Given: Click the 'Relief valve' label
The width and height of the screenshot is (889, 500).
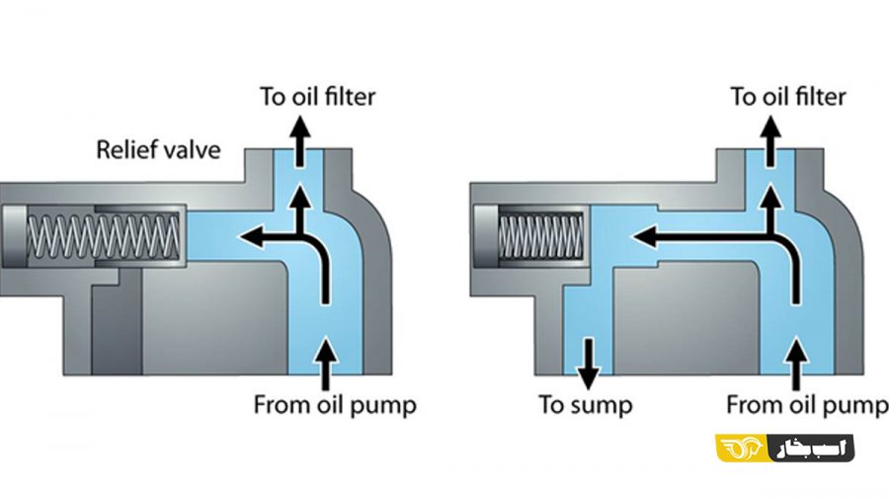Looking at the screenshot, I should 158,150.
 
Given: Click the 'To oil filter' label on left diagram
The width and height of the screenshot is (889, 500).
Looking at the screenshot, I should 318,96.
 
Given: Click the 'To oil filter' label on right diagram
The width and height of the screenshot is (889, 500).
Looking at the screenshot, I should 788,96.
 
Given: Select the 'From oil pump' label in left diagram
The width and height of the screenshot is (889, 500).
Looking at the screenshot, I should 335,404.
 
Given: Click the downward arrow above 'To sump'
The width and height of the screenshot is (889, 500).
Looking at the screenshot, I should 588,363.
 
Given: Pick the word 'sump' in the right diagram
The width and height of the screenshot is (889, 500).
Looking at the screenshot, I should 604,404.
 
